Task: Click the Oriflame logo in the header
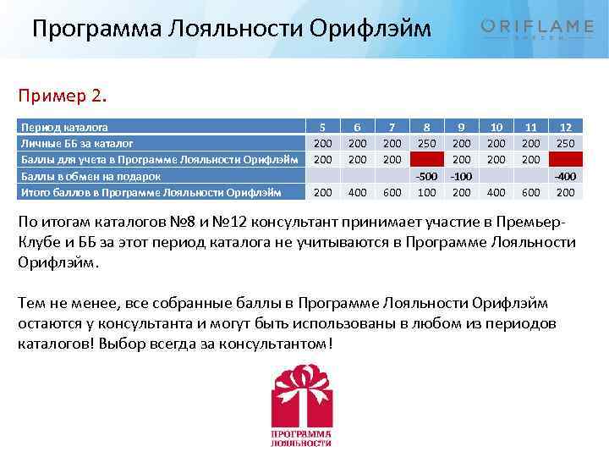(537, 29)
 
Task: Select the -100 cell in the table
(461, 176)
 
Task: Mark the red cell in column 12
(563, 159)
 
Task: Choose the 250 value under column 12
(563, 144)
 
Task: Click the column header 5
(322, 128)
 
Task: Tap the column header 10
(497, 128)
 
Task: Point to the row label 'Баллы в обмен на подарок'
(90, 176)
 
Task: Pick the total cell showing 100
(426, 192)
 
